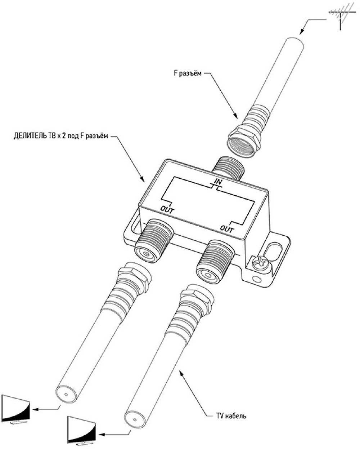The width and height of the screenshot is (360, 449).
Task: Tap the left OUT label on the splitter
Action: (x=167, y=209)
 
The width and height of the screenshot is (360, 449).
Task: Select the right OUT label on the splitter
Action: (x=227, y=228)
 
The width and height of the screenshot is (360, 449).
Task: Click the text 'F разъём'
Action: (x=185, y=74)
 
